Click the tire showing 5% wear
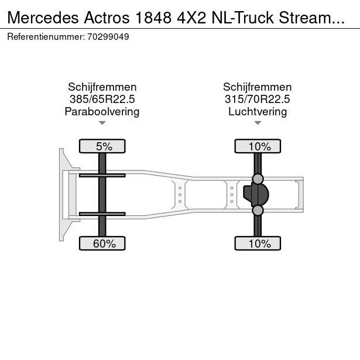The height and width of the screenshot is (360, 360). [102, 146]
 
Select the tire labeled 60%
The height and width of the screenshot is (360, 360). [102, 243]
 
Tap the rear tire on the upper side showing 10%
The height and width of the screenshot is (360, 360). [258, 146]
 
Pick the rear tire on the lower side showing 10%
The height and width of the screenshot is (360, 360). [258, 243]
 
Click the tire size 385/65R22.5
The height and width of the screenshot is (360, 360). [102, 99]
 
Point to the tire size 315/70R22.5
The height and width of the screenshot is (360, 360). [258, 99]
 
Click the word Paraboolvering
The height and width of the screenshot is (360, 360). [102, 112]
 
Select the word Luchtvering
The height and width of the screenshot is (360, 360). [258, 112]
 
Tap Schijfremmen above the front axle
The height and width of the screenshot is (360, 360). [102, 87]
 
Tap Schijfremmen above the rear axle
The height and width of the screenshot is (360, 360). [258, 87]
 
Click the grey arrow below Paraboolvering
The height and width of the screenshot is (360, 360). [102, 123]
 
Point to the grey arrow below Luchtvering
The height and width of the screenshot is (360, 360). [258, 123]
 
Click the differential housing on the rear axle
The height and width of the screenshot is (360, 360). [256, 194]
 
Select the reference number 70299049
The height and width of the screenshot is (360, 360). [108, 37]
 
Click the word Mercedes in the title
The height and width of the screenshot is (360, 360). [43, 18]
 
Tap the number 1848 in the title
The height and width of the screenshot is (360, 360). [153, 18]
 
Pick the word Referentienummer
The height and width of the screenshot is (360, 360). [46, 37]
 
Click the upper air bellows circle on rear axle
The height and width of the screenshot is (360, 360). [258, 179]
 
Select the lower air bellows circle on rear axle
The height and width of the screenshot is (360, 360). [258, 210]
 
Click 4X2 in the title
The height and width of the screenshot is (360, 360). [191, 18]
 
